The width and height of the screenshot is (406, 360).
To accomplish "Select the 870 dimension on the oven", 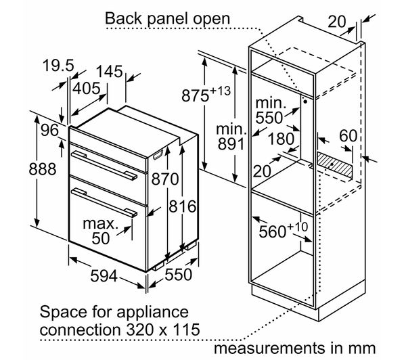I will click(165, 179).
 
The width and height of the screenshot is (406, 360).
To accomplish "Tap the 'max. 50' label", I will click(100, 231).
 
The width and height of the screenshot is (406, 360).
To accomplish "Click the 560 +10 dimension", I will click(279, 232).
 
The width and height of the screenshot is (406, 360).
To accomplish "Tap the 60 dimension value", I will click(347, 136).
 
